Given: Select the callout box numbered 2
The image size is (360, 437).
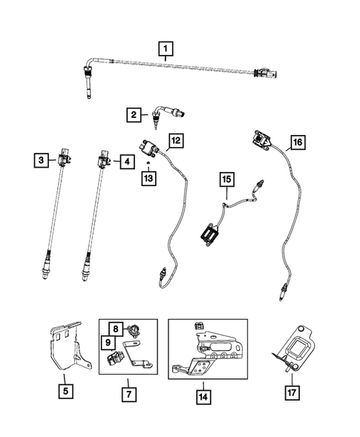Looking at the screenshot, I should tap(134, 115).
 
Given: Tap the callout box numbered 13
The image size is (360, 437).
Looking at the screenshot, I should tap(150, 179).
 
